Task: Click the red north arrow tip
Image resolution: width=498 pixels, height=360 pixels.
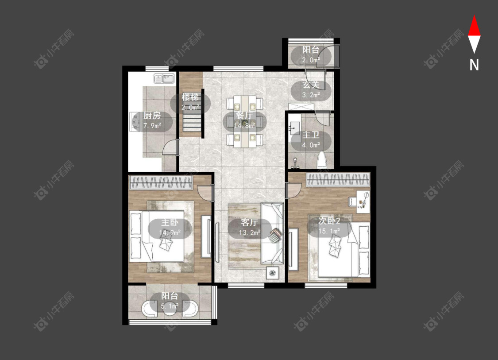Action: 474,15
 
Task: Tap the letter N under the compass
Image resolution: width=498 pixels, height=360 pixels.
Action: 474,65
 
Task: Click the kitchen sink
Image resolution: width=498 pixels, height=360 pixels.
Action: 165,78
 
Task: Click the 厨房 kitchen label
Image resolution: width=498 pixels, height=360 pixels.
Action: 152,116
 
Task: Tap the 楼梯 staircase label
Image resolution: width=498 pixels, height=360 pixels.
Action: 190,97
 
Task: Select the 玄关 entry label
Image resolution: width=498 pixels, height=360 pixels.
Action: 311,85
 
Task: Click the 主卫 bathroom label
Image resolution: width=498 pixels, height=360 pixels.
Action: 311,135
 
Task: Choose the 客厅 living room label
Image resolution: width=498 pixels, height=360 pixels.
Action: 249,222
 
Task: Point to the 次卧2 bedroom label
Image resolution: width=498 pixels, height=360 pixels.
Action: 329,221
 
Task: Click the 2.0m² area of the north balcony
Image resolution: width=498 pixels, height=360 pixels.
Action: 311,60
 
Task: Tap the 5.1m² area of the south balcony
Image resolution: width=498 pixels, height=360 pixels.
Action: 170,306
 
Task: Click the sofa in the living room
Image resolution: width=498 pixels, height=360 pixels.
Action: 272,233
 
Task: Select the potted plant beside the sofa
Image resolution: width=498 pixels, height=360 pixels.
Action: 273,272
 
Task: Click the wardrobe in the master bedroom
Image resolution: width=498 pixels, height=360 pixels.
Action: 161,183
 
